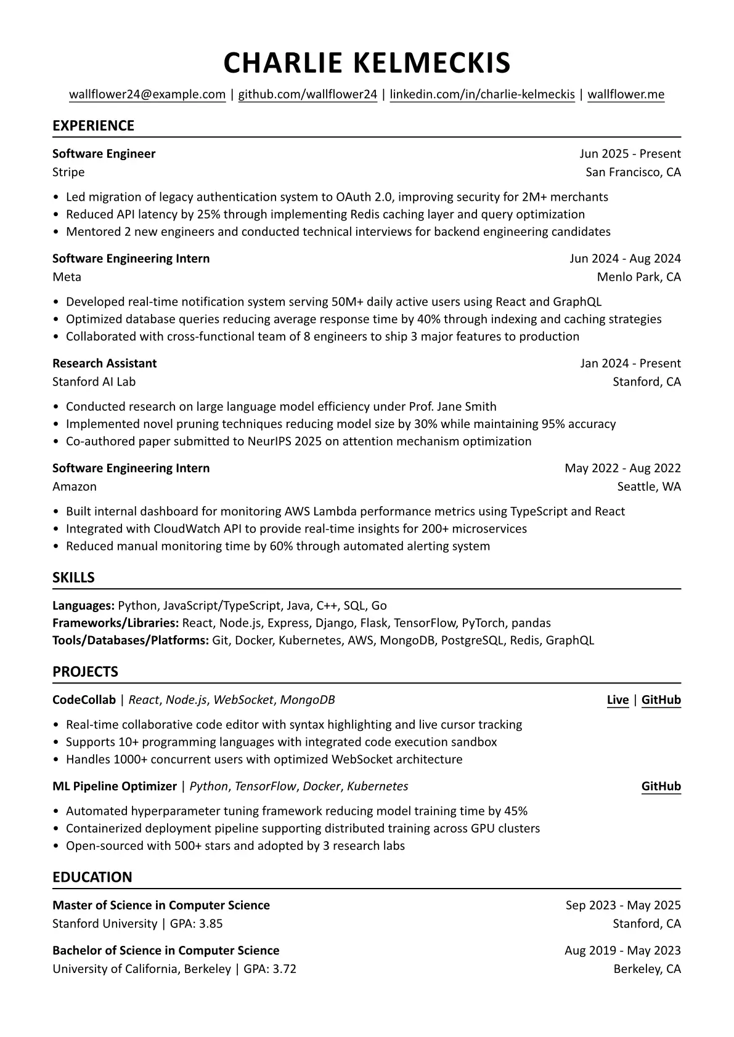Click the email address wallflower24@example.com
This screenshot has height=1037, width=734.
point(147,94)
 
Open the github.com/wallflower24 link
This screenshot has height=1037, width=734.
point(308,94)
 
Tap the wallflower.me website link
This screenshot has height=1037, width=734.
point(626,94)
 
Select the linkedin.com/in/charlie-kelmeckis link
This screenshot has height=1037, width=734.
point(482,94)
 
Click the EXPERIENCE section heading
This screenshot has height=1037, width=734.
point(93,126)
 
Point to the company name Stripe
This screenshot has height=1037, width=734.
point(68,172)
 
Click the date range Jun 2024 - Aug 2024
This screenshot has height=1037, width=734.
point(625,259)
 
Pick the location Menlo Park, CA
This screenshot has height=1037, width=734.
point(638,277)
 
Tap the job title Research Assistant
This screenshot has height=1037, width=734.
point(104,363)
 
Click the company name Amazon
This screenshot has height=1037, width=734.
point(75,486)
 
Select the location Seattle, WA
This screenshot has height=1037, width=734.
point(649,486)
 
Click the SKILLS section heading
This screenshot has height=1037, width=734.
point(73,578)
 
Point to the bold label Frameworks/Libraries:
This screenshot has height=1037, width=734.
point(115,623)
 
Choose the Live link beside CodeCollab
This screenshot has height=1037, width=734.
point(618,700)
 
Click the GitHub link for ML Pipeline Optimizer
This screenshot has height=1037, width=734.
point(661,786)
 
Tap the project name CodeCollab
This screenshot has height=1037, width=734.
point(84,700)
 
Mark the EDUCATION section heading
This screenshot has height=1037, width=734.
point(92,877)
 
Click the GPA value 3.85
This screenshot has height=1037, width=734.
point(211,924)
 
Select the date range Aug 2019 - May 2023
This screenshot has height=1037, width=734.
point(622,950)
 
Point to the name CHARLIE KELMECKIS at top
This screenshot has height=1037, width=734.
point(367,63)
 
